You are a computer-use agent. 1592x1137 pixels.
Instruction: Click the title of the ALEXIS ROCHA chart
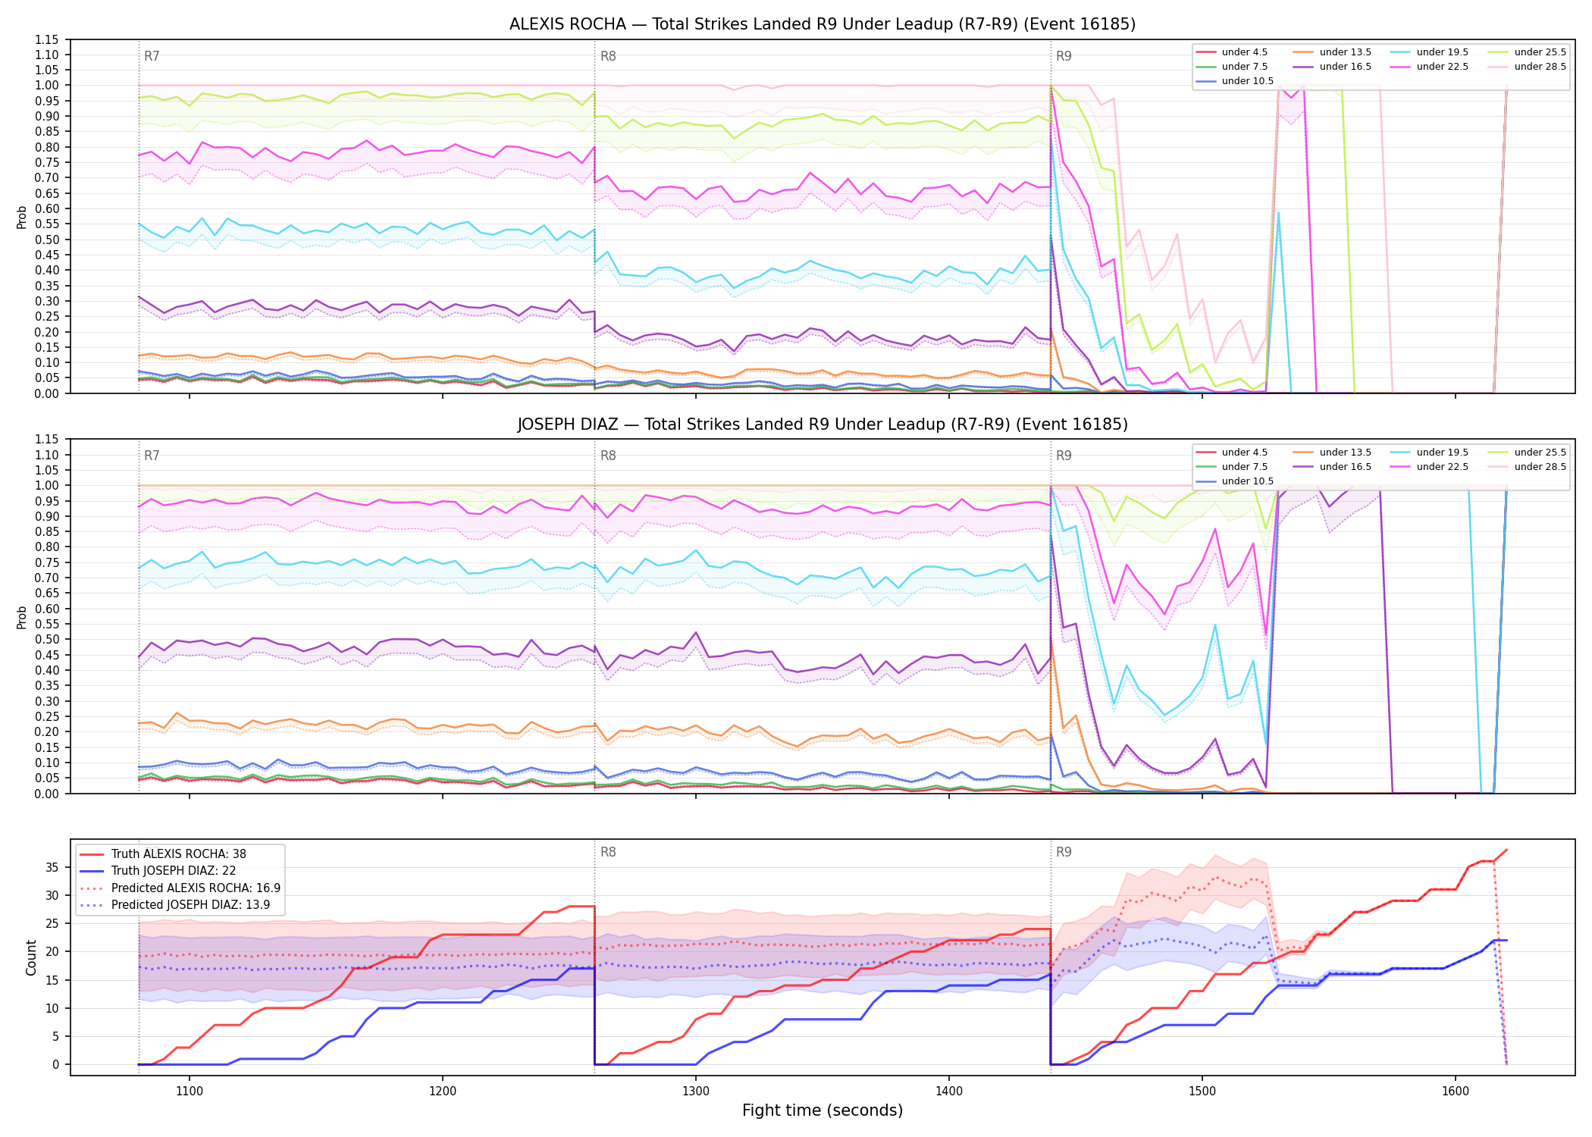click(823, 24)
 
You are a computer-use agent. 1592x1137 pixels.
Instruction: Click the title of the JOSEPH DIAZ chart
click(823, 424)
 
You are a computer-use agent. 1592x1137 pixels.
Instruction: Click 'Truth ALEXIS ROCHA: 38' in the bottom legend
click(178, 854)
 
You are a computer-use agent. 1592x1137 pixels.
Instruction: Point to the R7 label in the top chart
click(152, 56)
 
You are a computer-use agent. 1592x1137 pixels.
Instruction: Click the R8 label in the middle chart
click(608, 456)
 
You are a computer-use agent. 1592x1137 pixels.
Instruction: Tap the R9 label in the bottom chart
click(1064, 852)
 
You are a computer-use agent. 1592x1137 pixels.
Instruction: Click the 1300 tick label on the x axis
click(696, 1092)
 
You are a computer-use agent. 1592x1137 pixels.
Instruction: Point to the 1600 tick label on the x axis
click(1456, 1092)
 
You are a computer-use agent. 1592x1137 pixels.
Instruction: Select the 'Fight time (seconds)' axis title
click(823, 1110)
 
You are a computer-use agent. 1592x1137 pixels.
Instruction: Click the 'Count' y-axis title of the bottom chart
click(31, 957)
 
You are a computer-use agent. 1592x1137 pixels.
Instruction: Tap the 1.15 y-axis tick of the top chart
click(47, 39)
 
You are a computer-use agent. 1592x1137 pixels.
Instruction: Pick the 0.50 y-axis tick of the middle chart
click(47, 640)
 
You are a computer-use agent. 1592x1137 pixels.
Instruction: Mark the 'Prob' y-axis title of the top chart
click(22, 217)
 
